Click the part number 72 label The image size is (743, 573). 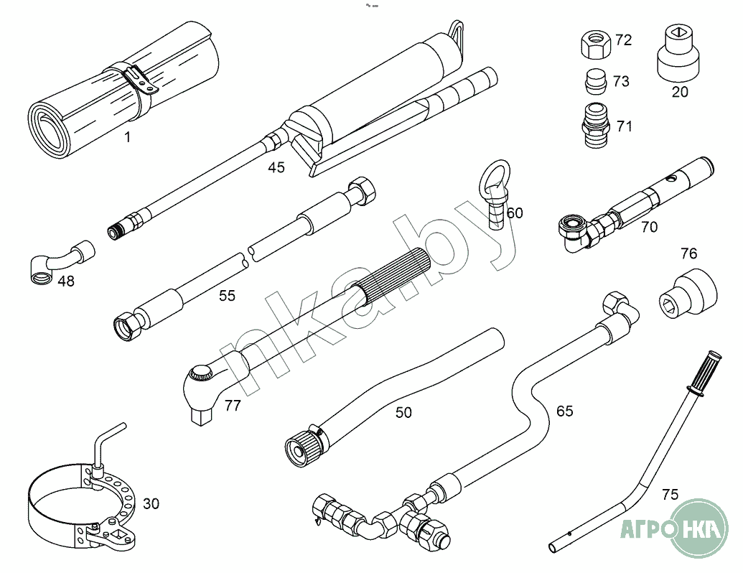(623, 40)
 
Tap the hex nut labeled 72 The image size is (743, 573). (594, 45)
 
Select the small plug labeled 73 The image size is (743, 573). (595, 80)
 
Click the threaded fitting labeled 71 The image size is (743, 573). (596, 125)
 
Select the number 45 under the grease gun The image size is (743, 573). (276, 168)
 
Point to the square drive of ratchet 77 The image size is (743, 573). (202, 416)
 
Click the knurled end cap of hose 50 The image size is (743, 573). (302, 450)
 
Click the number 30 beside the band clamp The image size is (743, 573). (151, 504)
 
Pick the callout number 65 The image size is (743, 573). (565, 411)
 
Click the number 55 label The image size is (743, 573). (227, 296)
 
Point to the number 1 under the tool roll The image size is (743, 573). (128, 137)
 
